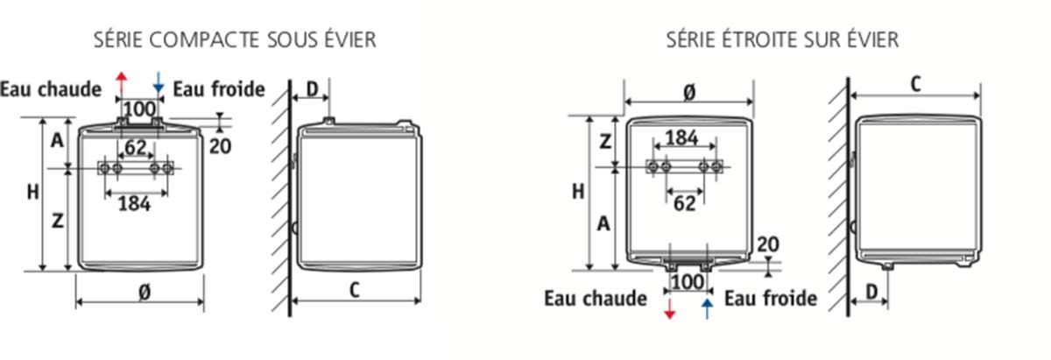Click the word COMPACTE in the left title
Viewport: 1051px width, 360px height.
tap(206, 39)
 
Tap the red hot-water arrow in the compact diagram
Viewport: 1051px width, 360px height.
tap(122, 82)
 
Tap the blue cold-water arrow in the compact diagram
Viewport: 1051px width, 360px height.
tap(159, 82)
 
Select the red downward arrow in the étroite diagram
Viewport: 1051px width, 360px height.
tap(670, 309)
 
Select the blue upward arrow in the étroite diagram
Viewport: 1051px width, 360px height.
tap(707, 309)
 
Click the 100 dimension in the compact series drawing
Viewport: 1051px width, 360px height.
tap(140, 109)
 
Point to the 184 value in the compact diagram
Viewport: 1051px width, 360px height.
tap(135, 204)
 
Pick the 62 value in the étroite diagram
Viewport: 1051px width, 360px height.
tap(685, 204)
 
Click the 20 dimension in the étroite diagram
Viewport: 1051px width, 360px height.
tap(768, 244)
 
